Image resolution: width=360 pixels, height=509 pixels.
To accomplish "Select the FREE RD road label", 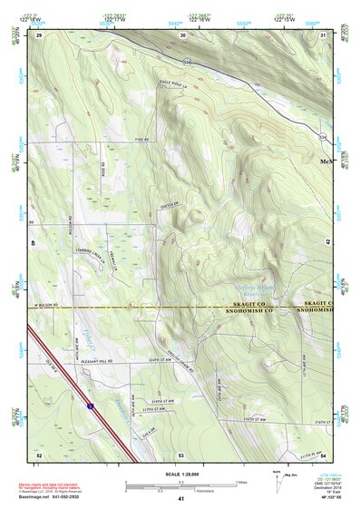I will (141, 139).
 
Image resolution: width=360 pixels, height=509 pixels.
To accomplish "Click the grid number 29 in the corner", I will (40, 34).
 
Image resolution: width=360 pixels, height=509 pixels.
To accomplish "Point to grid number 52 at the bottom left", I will (39, 454).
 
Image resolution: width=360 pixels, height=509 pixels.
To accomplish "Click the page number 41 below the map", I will (181, 499).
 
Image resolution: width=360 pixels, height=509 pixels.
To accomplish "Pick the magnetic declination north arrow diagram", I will (276, 481).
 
